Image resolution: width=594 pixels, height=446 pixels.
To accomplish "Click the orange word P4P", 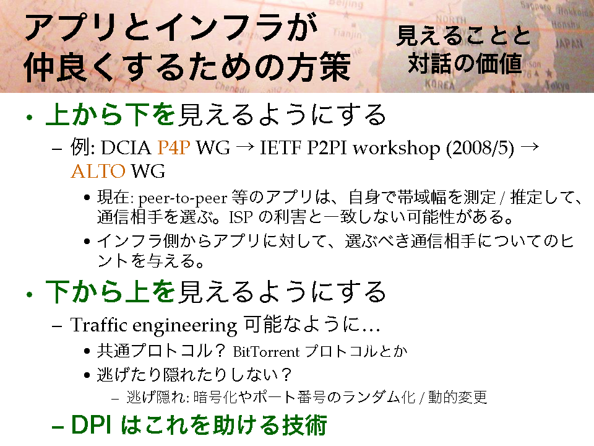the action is tap(173, 147).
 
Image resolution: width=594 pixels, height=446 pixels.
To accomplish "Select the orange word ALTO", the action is tap(98, 171).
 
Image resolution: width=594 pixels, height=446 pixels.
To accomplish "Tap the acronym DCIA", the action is tap(126, 147).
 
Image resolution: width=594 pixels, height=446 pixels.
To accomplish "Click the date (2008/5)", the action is tap(480, 148).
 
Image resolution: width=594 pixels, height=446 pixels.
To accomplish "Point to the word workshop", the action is tap(396, 148).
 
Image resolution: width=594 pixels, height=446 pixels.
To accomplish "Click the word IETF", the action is tap(280, 147).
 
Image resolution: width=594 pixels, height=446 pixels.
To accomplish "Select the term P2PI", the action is tap(327, 147).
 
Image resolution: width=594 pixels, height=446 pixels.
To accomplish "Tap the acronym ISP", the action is tap(241, 217).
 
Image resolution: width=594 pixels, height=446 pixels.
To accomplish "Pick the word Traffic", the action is tap(98, 325).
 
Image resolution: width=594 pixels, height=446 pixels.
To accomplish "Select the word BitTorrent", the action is tap(266, 352).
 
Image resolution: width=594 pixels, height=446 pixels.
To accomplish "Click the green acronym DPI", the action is tap(91, 424).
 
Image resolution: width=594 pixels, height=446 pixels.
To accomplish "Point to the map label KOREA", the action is tap(439, 84).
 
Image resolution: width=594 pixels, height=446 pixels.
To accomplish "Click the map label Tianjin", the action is tap(347, 33).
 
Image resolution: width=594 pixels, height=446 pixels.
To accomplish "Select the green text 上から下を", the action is tap(110, 115).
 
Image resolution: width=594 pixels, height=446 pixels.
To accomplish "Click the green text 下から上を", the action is tap(110, 291).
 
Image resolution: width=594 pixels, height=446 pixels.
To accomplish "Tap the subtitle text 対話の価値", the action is tap(465, 63).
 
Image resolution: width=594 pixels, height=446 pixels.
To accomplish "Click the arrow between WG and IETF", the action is tap(244, 147).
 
